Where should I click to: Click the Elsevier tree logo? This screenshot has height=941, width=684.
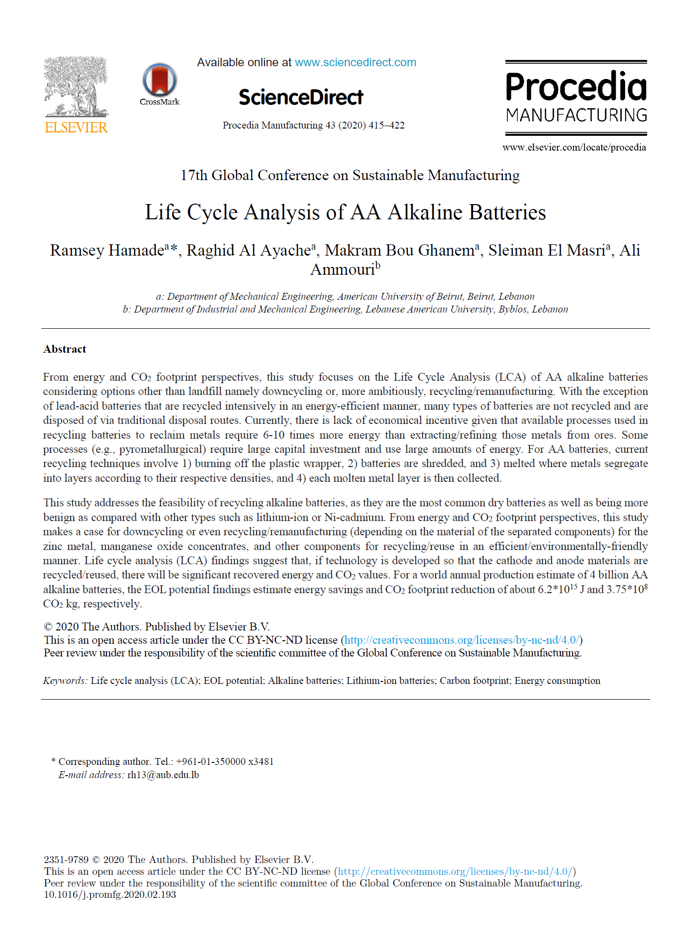76,86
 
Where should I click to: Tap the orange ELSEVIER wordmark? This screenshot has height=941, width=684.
76,128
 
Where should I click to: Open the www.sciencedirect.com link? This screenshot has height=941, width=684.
355,63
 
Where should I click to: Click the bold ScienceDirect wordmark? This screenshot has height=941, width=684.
301,97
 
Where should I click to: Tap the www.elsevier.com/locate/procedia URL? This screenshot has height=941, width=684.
574,148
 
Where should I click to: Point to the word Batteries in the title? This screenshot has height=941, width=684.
507,212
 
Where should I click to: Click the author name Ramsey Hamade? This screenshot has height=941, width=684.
107,250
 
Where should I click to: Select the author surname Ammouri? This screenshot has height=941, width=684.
342,269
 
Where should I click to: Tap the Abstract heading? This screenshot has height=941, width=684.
65,349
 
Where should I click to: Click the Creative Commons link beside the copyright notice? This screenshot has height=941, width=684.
461,640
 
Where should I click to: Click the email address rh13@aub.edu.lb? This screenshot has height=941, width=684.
163,775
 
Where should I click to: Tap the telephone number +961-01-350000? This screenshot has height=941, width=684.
210,761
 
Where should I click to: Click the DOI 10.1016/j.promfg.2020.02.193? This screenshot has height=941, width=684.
110,894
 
